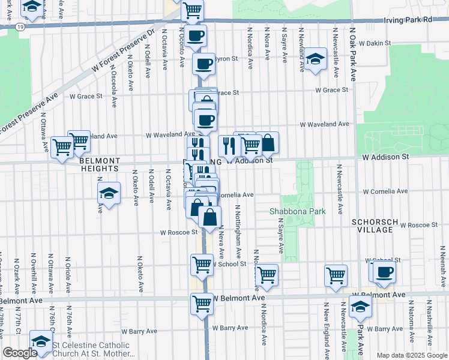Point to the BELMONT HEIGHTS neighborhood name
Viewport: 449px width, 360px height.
[x=98, y=165]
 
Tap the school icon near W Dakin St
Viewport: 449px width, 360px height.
[x=315, y=59]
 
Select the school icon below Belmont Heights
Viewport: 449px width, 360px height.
[x=109, y=193]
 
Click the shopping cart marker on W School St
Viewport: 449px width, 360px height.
[x=202, y=264]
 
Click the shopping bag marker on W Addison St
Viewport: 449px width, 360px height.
[x=268, y=143]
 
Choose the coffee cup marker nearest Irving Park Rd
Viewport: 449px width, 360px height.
[x=195, y=36]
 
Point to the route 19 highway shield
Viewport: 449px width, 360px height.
[x=20, y=28]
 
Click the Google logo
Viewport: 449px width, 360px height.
[x=19, y=353]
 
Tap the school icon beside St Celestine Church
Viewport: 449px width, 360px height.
[x=41, y=343]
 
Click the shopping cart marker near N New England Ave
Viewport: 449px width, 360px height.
[x=336, y=275]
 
